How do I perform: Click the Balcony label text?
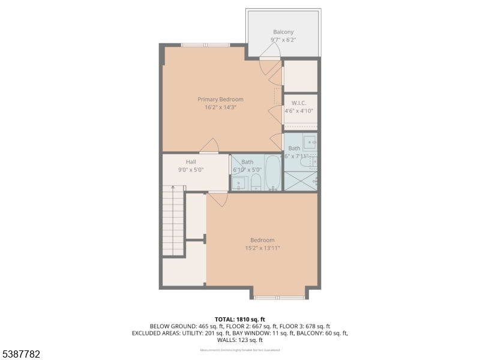283,32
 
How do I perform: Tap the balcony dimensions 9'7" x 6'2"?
283,40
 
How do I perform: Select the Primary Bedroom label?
220,99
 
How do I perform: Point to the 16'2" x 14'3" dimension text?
220,107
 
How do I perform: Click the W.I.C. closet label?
298,103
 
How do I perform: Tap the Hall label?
191,162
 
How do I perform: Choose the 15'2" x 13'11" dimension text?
262,248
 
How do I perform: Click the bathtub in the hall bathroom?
272,173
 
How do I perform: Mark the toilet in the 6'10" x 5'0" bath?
256,182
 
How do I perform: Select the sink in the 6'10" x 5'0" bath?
238,182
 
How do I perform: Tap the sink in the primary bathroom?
308,143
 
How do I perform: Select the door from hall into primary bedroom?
209,146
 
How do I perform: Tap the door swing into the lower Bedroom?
218,199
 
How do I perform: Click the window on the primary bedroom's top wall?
205,44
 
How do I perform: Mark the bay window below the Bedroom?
279,296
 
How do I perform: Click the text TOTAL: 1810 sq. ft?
239,319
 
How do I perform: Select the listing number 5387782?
21,355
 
